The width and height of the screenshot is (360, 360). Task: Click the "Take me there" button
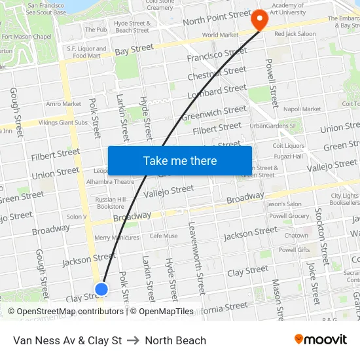[x=180, y=160]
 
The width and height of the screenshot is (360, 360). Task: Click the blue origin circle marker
[x=101, y=289]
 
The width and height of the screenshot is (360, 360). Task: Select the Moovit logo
[x=320, y=340]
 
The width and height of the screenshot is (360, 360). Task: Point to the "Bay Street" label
[x=134, y=50]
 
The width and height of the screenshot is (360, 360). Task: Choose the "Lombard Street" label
[x=217, y=92]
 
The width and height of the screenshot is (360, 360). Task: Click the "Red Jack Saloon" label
[x=295, y=33]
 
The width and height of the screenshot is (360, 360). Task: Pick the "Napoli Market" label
[x=302, y=109]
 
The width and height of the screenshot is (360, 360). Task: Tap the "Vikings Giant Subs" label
[x=63, y=122]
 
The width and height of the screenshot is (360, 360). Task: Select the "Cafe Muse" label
[x=164, y=236]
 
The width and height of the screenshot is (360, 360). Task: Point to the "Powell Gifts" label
[x=295, y=250]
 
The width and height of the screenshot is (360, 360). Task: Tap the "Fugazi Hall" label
[x=288, y=156]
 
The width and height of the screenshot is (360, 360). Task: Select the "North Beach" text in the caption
[x=175, y=340]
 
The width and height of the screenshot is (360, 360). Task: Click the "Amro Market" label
[x=63, y=103]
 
